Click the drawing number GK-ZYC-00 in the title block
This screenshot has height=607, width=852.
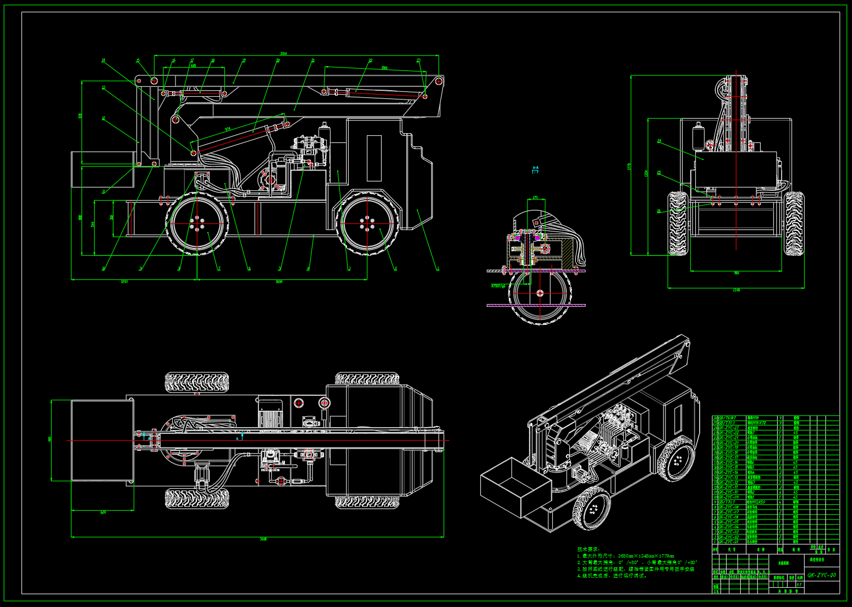point(821,576)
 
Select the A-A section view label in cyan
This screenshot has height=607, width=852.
point(535,167)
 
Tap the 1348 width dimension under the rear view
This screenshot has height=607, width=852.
point(736,290)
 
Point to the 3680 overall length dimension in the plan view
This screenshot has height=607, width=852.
point(263,539)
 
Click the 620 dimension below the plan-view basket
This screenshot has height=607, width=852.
point(103,512)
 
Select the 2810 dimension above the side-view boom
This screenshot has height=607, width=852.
point(283,53)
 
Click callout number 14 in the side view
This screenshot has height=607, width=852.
point(103,60)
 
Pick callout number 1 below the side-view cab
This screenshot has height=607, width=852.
point(438,269)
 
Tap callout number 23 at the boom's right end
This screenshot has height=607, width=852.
point(419,60)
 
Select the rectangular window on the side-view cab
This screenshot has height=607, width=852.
point(374,158)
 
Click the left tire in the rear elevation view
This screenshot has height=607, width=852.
point(678,223)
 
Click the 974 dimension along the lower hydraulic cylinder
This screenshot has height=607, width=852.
point(228,130)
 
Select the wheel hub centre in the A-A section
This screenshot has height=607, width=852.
point(540,293)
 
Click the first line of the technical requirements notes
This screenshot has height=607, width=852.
point(626,556)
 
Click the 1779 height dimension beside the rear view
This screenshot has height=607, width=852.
point(629,166)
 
